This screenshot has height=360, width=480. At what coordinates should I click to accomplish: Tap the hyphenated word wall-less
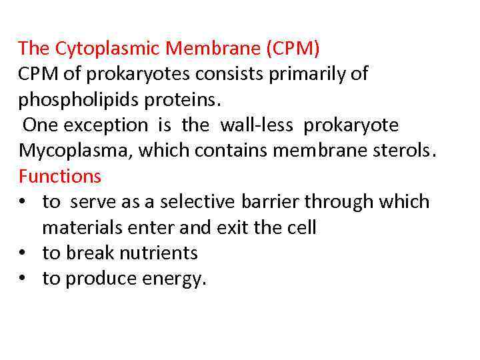coord(256,125)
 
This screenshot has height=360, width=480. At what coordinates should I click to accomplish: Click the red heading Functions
coord(60,176)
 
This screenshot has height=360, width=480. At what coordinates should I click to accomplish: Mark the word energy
coord(176,279)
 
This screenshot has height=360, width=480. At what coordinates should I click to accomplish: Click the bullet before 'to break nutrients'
coord(23,253)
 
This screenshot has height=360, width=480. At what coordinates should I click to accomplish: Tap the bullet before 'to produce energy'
coord(23,279)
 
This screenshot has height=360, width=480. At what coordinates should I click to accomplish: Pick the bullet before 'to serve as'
coord(23,202)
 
